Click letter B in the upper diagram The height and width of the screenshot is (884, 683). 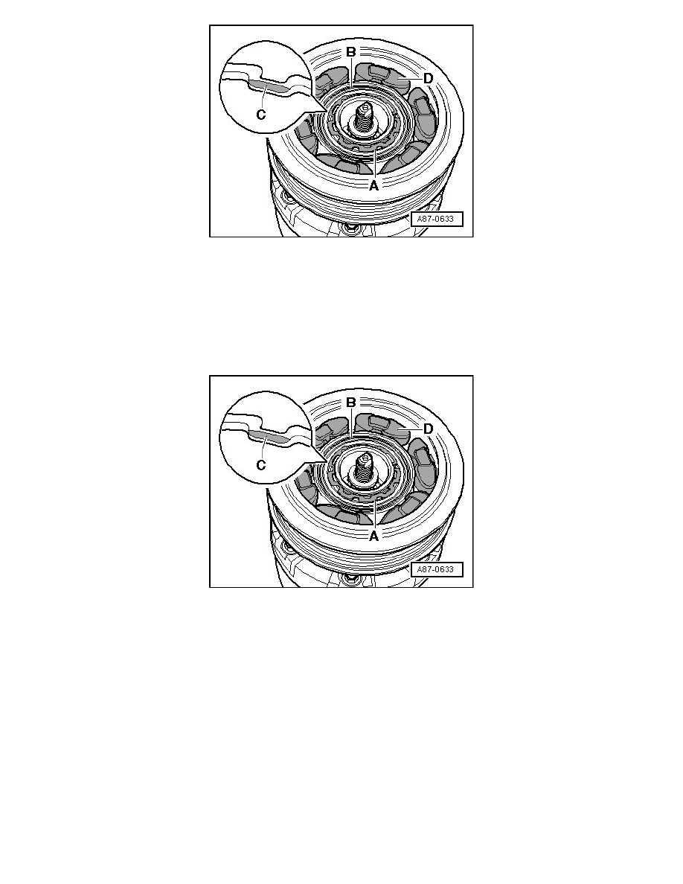point(350,52)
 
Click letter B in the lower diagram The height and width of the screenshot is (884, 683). point(350,403)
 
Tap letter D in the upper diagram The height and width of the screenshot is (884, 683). point(429,78)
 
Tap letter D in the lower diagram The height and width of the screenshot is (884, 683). point(429,429)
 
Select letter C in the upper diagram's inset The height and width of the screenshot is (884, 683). point(261,115)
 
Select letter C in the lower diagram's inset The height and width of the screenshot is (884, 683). point(261,465)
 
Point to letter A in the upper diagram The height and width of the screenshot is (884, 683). point(373,185)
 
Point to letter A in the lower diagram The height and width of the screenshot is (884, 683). point(373,537)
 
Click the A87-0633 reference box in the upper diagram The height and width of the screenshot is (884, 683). point(437,219)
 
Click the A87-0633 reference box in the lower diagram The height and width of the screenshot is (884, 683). point(437,569)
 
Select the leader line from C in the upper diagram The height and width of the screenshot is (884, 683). point(263,98)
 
